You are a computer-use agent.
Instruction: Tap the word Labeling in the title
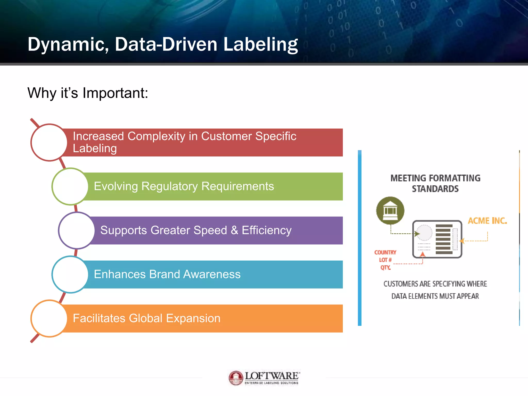(260, 44)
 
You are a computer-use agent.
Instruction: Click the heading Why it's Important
(88, 93)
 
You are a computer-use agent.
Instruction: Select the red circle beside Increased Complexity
(49, 143)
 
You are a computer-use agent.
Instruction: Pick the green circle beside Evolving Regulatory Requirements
(70, 186)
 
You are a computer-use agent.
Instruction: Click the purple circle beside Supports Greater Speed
(77, 230)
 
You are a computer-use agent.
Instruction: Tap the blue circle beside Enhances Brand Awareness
(70, 274)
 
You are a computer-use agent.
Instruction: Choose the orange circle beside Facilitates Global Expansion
(49, 318)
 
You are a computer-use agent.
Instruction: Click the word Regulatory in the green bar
(169, 186)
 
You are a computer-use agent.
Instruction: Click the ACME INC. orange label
(487, 221)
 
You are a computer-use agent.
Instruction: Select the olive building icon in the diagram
(390, 211)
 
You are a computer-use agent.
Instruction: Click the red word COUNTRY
(385, 252)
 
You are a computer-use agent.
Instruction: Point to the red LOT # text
(385, 260)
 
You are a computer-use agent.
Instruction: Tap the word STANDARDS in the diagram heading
(435, 189)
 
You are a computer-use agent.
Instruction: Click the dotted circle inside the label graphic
(424, 233)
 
